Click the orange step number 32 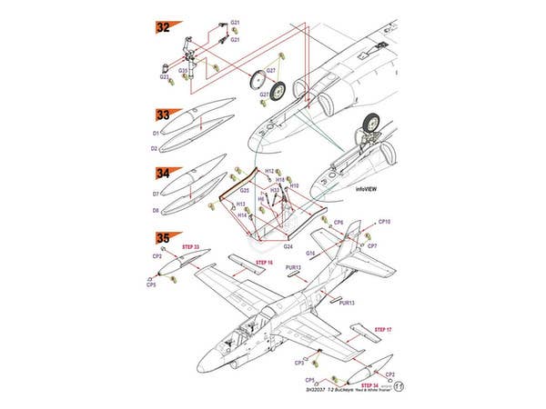(x=164, y=28)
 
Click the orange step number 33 (x=164, y=115)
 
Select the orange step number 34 (x=164, y=173)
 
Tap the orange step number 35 (x=164, y=238)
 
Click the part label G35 (x=183, y=70)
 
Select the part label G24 (x=287, y=246)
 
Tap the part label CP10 (x=384, y=222)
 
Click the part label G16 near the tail (x=310, y=253)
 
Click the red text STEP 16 (x=263, y=263)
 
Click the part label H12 (x=269, y=171)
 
